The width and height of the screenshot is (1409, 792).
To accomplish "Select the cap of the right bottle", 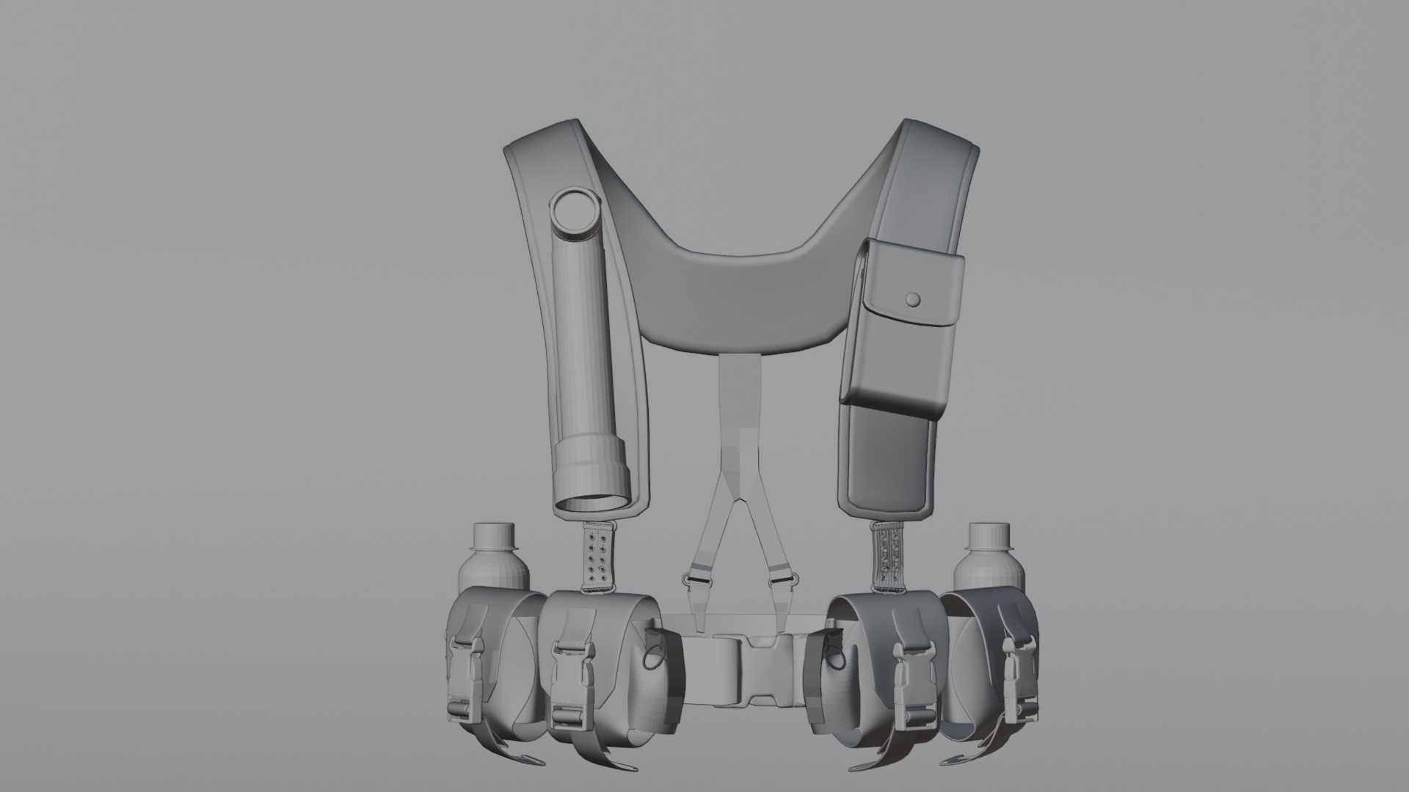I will [987, 535].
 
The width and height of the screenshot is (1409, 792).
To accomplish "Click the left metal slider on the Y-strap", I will [696, 579].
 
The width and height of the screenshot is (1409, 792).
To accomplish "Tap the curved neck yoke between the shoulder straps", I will [734, 293].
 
